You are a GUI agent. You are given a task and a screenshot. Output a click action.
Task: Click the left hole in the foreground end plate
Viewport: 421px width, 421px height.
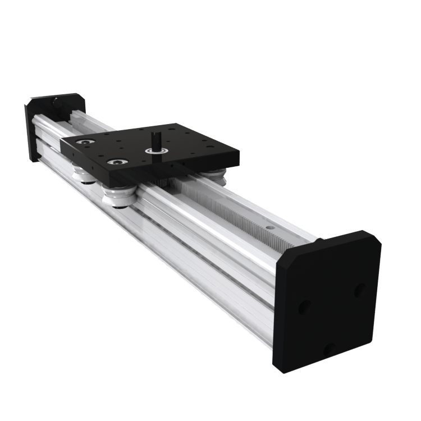304,308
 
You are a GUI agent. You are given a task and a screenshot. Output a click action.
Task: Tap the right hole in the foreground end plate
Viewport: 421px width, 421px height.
360,290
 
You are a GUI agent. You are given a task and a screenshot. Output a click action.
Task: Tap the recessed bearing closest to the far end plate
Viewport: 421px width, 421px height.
86,143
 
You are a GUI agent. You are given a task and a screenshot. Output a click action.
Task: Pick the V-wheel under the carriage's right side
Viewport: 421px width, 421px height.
216,175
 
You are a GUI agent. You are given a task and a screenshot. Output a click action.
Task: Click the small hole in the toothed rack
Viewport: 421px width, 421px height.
269,228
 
